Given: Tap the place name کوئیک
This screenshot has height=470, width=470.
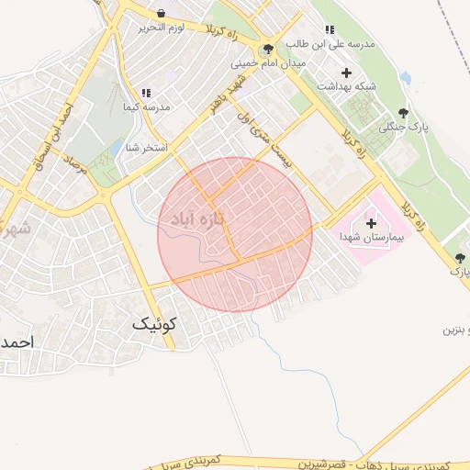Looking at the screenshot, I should [155, 324].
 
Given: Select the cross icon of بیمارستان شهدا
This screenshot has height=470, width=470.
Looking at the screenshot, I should [371, 223].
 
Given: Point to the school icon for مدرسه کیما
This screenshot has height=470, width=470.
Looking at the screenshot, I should [145, 93].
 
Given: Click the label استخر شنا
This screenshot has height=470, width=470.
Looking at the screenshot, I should [145, 147].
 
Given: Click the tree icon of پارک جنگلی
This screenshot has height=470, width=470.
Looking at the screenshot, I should [402, 113].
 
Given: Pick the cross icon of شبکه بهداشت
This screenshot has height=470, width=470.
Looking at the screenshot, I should [346, 73].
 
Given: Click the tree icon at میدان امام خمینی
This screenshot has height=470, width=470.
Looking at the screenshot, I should [267, 50].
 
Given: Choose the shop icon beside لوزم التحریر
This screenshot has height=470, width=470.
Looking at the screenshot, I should [162, 14].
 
